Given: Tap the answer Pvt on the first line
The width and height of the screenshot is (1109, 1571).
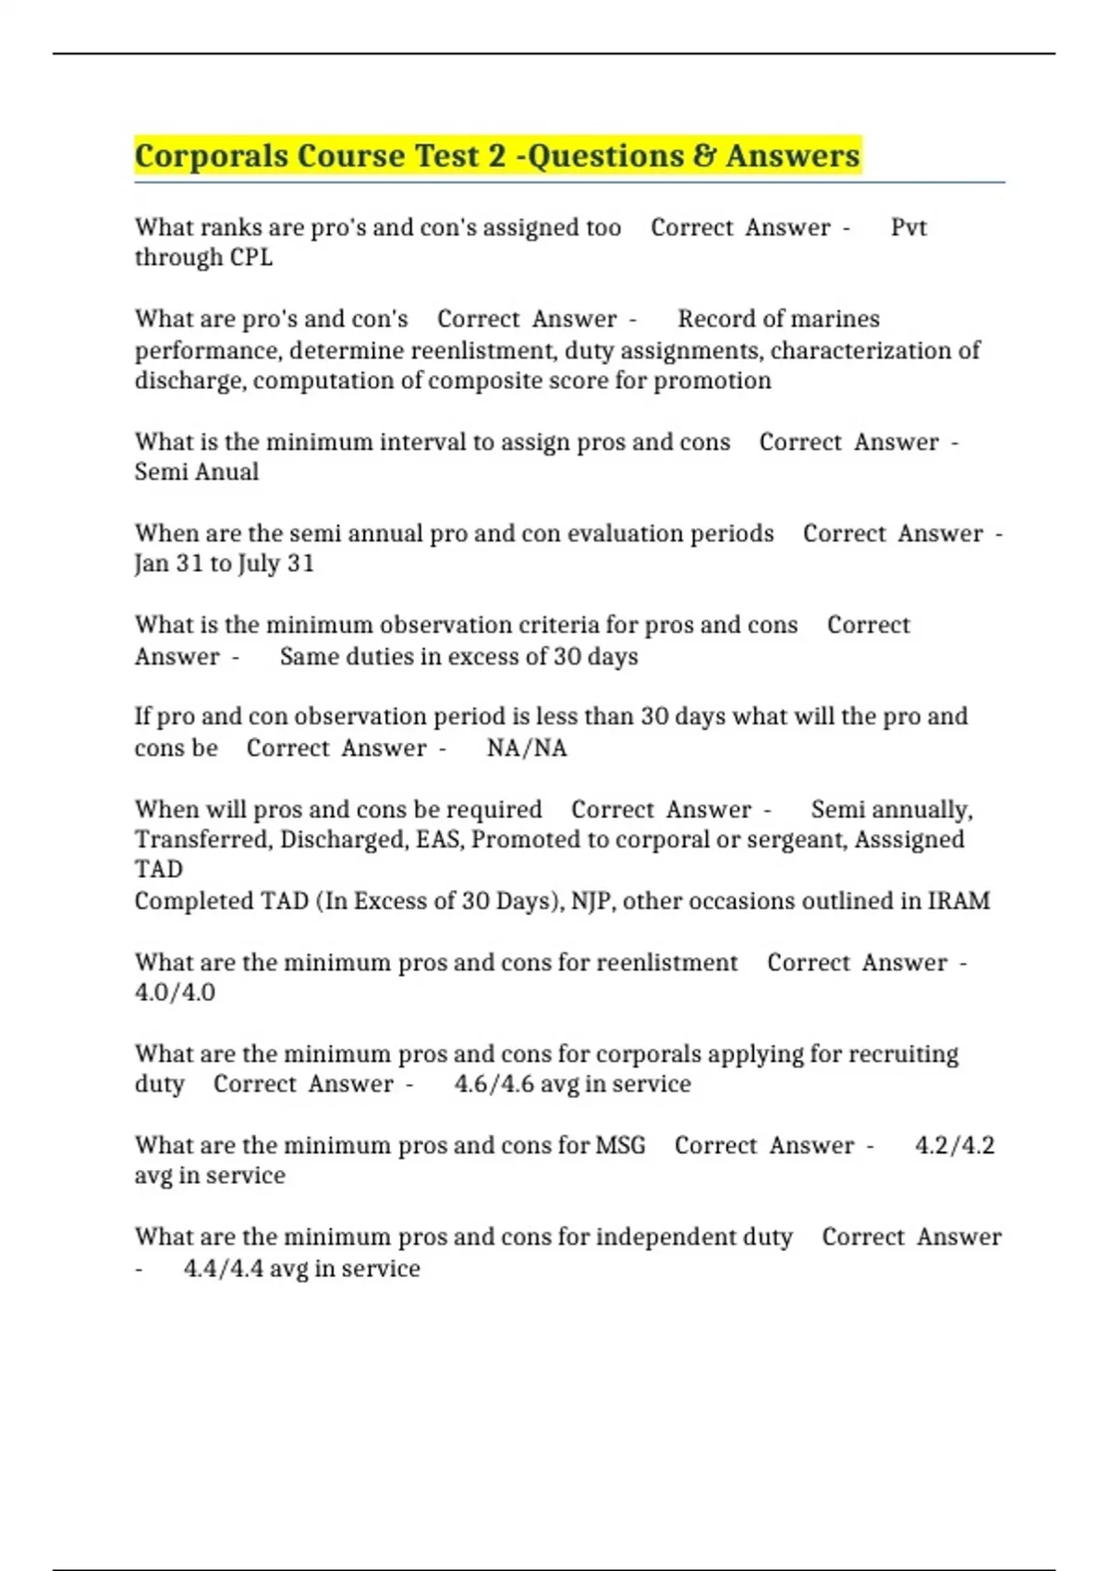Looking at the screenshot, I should pyautogui.click(x=908, y=227).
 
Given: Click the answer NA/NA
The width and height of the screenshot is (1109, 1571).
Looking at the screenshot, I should pyautogui.click(x=527, y=748).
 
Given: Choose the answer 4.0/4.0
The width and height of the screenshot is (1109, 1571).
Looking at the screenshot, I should pyautogui.click(x=175, y=993).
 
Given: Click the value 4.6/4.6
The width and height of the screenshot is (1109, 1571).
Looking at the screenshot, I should pyautogui.click(x=494, y=1084).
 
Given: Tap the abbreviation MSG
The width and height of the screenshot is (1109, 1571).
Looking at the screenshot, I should pyautogui.click(x=620, y=1146).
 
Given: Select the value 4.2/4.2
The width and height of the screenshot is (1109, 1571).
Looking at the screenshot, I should pyautogui.click(x=955, y=1146).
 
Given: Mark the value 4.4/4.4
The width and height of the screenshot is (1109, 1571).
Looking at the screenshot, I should pyautogui.click(x=223, y=1268).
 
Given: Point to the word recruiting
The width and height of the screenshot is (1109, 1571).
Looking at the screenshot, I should pyautogui.click(x=903, y=1054).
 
